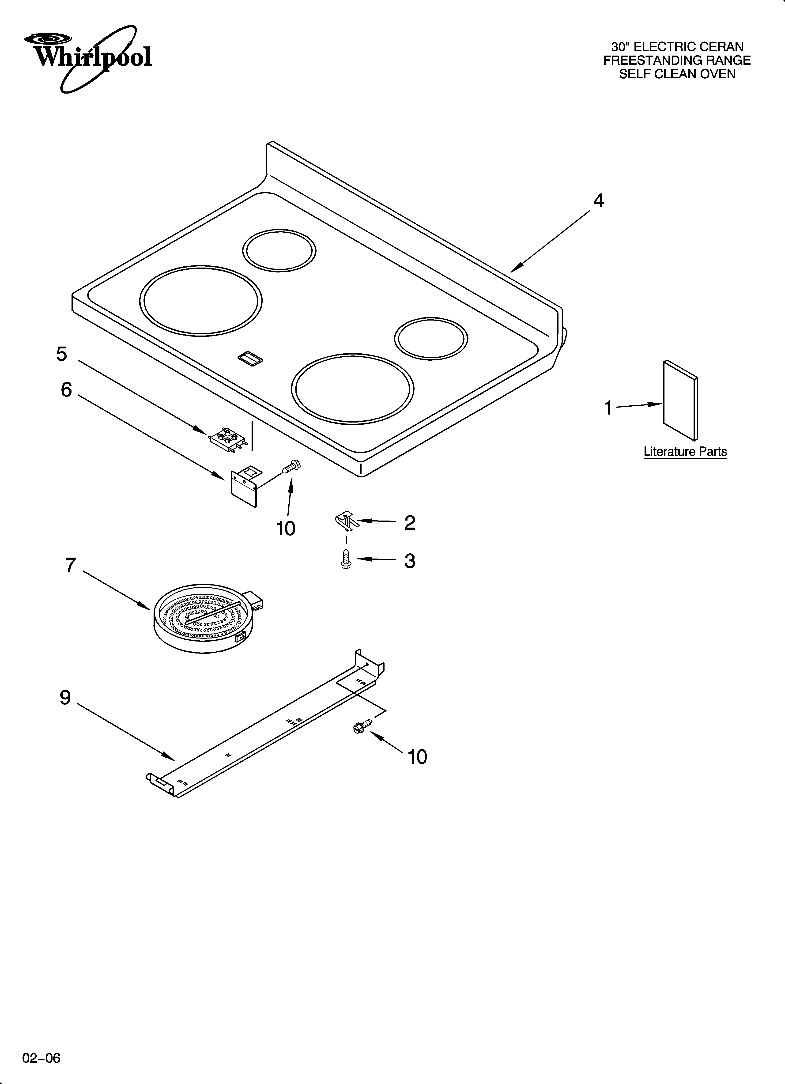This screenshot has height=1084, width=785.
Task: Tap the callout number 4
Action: (598, 201)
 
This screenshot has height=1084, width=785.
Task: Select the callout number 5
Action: (62, 354)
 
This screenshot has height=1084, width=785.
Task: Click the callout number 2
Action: (409, 523)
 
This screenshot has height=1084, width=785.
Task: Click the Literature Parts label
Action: (685, 452)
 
